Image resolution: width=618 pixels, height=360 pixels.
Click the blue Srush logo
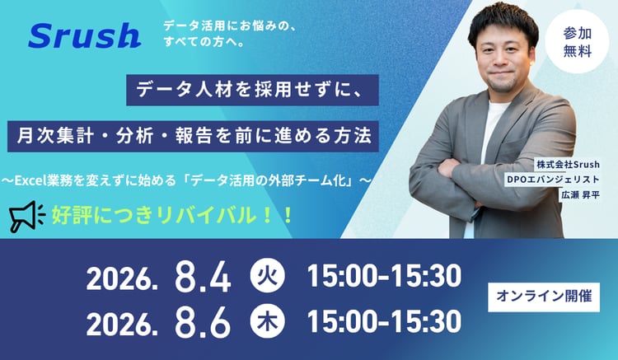[84, 35]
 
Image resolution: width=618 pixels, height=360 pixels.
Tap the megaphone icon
[27, 216]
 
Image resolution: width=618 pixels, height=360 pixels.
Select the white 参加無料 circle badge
[577, 41]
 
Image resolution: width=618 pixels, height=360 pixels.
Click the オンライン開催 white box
[544, 297]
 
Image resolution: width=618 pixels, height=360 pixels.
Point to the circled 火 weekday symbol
[268, 275]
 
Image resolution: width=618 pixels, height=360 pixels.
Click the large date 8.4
[203, 277]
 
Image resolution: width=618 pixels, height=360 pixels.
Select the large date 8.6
[203, 322]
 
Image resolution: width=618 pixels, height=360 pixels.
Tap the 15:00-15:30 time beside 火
[384, 276]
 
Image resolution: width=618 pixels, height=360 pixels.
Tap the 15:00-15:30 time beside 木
[384, 321]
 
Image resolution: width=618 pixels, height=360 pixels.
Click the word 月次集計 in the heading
[55, 136]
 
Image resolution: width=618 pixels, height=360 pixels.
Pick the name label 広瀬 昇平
[580, 195]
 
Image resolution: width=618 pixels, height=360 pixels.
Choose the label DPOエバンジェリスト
[553, 180]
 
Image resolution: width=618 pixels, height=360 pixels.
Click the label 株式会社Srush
[568, 164]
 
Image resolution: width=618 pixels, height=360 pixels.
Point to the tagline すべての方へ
[204, 42]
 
